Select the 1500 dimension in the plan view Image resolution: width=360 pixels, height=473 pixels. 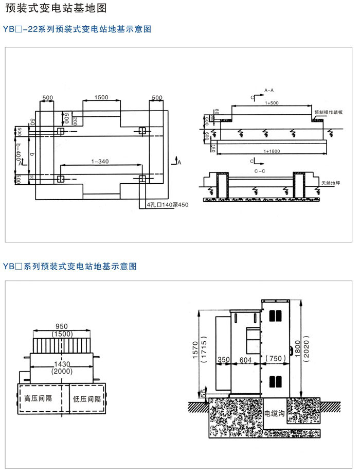pyautogui.click(x=101, y=98)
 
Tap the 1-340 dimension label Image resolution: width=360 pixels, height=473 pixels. pyautogui.click(x=100, y=162)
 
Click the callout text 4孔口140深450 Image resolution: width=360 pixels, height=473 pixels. pyautogui.click(x=168, y=205)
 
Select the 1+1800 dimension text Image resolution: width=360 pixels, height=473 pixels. pyautogui.click(x=271, y=151)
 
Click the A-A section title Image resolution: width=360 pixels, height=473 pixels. pyautogui.click(x=269, y=91)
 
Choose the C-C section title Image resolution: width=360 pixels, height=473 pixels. pyautogui.click(x=260, y=169)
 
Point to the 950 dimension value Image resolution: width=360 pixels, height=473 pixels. pyautogui.click(x=62, y=326)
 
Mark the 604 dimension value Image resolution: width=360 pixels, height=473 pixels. pyautogui.click(x=246, y=360)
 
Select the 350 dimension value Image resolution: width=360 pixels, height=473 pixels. pyautogui.click(x=223, y=360)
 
